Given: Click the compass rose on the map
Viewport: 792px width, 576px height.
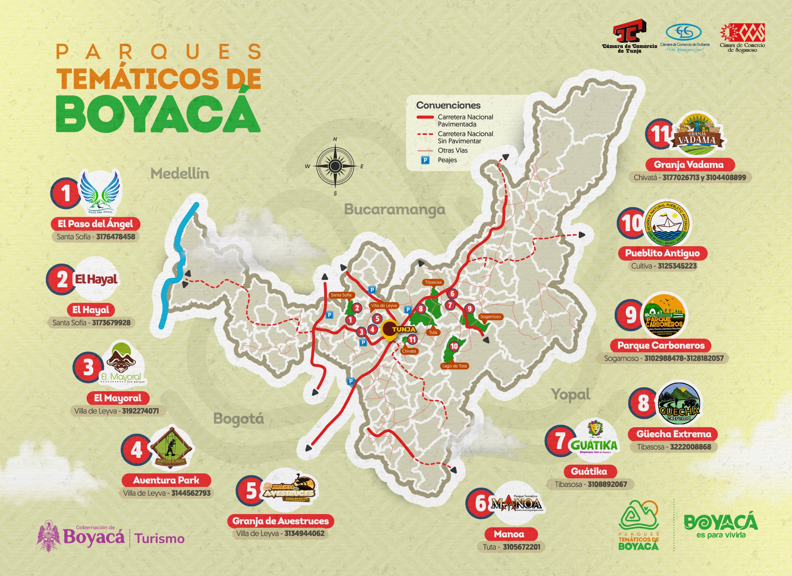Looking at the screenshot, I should coord(335,166).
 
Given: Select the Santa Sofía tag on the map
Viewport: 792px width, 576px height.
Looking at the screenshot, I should coord(341,295).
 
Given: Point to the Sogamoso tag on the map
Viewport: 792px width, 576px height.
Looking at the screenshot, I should coord(490,317).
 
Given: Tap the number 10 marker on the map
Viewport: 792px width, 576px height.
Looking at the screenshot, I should coord(454,346).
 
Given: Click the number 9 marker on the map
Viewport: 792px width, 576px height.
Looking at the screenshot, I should coord(469,308).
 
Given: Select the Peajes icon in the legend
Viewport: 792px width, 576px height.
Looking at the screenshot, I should coord(425,160).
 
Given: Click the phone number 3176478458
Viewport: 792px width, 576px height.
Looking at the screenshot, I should coord(116,237).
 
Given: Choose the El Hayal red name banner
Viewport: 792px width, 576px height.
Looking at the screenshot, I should coord(91,310).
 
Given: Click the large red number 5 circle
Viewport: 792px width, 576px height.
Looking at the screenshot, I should coord(251,491).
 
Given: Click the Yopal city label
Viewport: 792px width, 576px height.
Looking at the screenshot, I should coord(570,394).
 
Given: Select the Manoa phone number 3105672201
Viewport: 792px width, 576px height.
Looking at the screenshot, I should coord(521,547).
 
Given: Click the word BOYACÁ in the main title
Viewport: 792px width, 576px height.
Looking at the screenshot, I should coord(158,114).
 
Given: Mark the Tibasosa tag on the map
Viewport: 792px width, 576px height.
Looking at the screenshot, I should coord(433,282).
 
